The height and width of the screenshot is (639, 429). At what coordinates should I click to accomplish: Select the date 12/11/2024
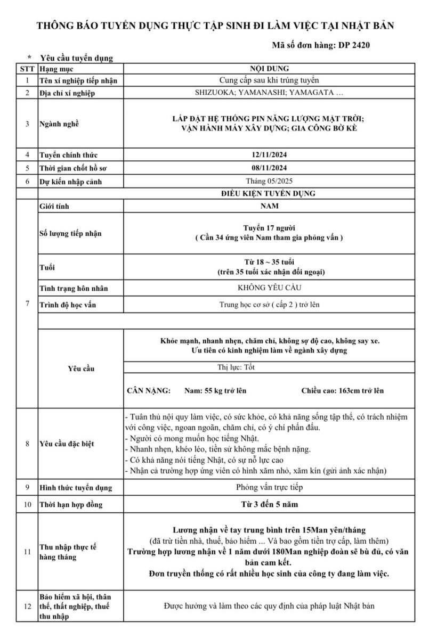269,155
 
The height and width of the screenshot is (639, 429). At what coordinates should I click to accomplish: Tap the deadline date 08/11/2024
269,168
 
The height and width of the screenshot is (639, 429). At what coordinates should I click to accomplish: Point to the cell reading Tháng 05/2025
269,181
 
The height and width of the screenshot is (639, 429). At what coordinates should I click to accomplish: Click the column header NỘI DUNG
269,69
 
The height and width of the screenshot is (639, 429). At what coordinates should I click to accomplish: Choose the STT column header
27,69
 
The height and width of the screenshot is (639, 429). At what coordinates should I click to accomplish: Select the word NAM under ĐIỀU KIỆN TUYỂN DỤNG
269,205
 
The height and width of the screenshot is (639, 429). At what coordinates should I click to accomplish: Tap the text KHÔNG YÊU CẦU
269,288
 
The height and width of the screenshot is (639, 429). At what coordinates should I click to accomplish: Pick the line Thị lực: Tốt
237,367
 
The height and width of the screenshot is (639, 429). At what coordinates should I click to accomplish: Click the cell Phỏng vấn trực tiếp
269,487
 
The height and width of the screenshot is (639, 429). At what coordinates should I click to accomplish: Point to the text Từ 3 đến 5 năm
269,504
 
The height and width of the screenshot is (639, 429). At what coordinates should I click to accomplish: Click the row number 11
27,552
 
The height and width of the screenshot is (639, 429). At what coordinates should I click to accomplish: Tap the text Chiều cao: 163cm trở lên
342,390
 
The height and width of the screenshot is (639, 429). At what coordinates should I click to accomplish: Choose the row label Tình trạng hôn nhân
74,288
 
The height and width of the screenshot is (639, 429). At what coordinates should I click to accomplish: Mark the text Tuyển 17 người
269,228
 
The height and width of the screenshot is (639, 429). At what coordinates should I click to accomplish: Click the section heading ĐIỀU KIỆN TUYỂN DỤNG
269,193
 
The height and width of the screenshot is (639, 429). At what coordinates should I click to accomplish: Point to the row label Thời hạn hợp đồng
71,504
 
